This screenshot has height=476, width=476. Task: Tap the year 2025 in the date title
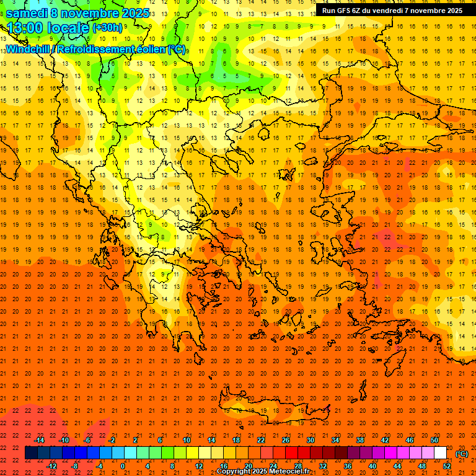click(133, 13)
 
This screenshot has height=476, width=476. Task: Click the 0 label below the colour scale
click(123, 466)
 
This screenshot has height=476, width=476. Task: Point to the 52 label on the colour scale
click(447, 466)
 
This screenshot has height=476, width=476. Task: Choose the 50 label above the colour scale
click(434, 440)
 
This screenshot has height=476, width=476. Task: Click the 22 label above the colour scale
click(261, 440)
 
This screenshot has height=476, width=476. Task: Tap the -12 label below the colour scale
click(52, 466)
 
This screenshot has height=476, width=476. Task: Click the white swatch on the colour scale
click(440, 453)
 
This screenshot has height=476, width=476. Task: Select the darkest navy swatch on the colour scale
click(31, 453)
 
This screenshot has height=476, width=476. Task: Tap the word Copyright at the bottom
click(234, 472)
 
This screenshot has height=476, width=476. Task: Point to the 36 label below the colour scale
click(348, 466)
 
